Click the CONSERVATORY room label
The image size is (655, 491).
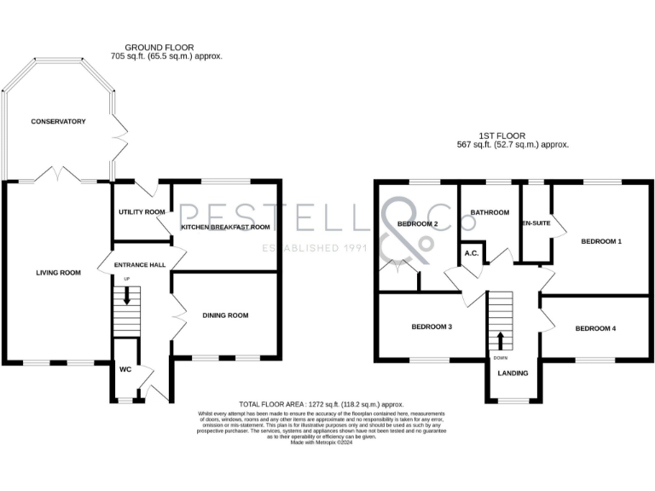pyautogui.click(x=58, y=122)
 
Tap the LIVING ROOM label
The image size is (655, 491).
pyautogui.click(x=58, y=273)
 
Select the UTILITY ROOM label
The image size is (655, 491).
pyautogui.click(x=141, y=212)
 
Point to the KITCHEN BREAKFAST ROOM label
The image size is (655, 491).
pyautogui.click(x=225, y=228)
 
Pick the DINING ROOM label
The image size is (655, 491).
pyautogui.click(x=225, y=315)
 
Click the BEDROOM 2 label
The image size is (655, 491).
pyautogui.click(x=417, y=224)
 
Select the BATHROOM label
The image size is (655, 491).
pyautogui.click(x=490, y=212)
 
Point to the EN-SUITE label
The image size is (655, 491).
pyautogui.click(x=535, y=223)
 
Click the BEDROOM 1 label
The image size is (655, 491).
pyautogui.click(x=601, y=242)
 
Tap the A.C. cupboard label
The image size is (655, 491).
pyautogui.click(x=470, y=253)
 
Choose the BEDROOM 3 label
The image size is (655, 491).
pyautogui.click(x=432, y=326)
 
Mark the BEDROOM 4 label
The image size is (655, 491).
pyautogui.click(x=594, y=328)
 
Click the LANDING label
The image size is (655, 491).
pyautogui.click(x=513, y=373)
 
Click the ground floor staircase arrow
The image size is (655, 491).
pyautogui.click(x=128, y=296)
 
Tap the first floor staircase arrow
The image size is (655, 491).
pyautogui.click(x=500, y=339)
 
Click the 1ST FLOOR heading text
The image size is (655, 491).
pyautogui.click(x=501, y=135)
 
